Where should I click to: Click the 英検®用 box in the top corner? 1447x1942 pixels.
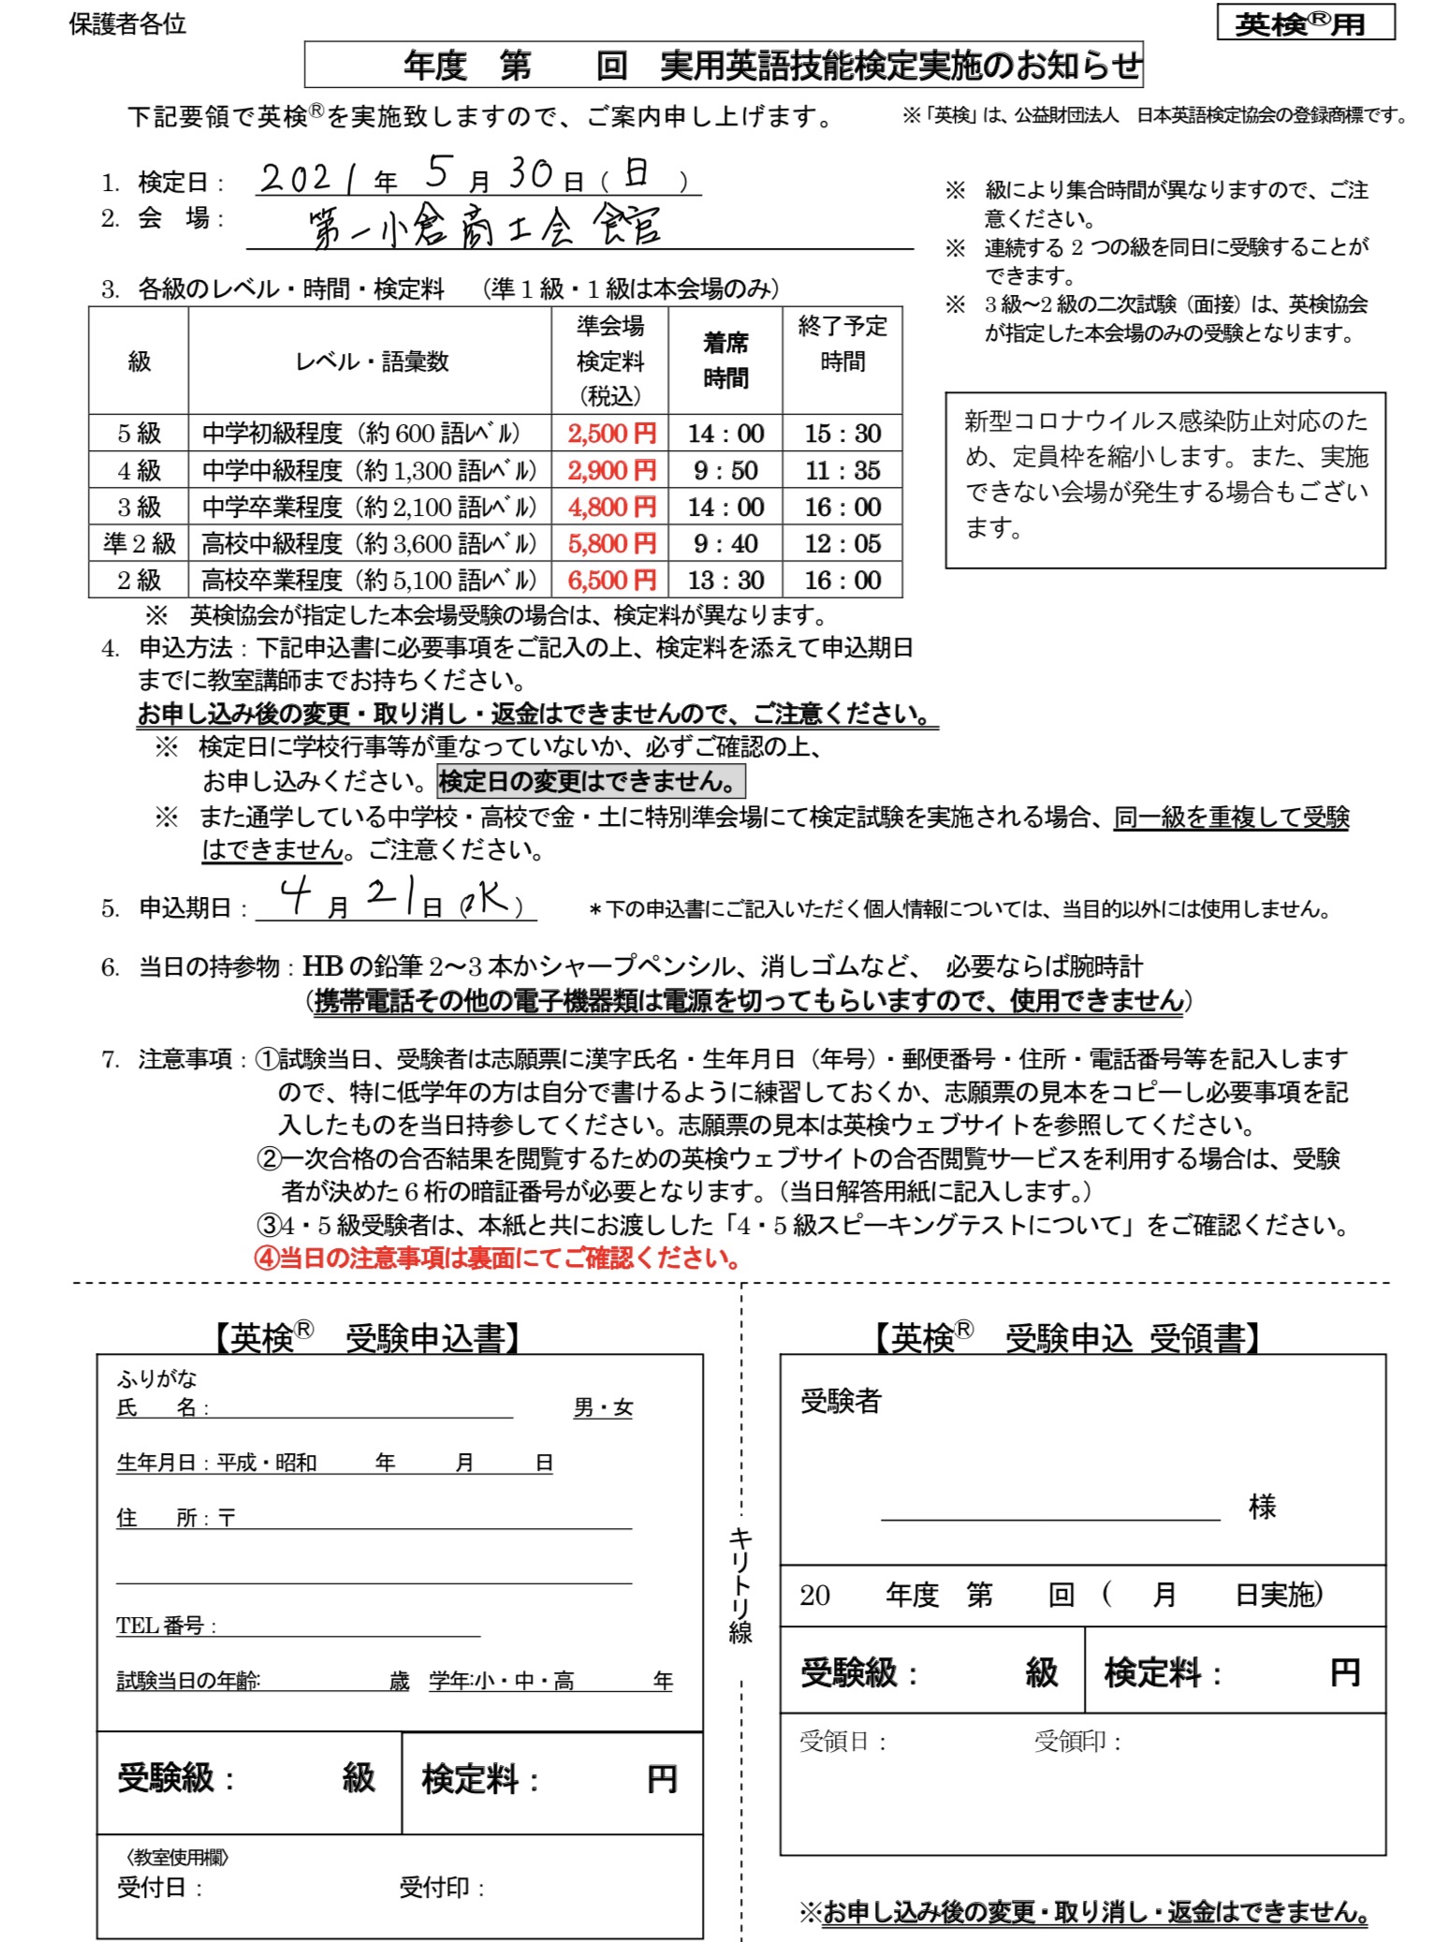tap(1305, 22)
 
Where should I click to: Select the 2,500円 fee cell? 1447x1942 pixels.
tap(611, 433)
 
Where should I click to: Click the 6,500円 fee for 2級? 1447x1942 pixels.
tap(611, 580)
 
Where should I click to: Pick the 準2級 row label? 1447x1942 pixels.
tap(139, 543)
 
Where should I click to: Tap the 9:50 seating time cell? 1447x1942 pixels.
tap(725, 470)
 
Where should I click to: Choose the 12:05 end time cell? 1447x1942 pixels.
tap(842, 543)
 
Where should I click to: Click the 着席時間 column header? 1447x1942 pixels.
tap(725, 360)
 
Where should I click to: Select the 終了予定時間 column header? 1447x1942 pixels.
tap(842, 344)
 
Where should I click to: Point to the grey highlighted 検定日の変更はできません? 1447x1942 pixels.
tap(591, 781)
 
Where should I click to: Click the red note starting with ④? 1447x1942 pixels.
tap(498, 1258)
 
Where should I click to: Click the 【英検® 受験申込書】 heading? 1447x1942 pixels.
tap(366, 1337)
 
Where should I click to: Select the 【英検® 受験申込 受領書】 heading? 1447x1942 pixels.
tap(1066, 1337)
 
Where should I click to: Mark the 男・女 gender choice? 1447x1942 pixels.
tap(603, 1407)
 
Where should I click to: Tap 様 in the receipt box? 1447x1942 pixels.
tap(1262, 1507)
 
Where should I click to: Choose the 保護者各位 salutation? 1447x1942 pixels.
tap(127, 24)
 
